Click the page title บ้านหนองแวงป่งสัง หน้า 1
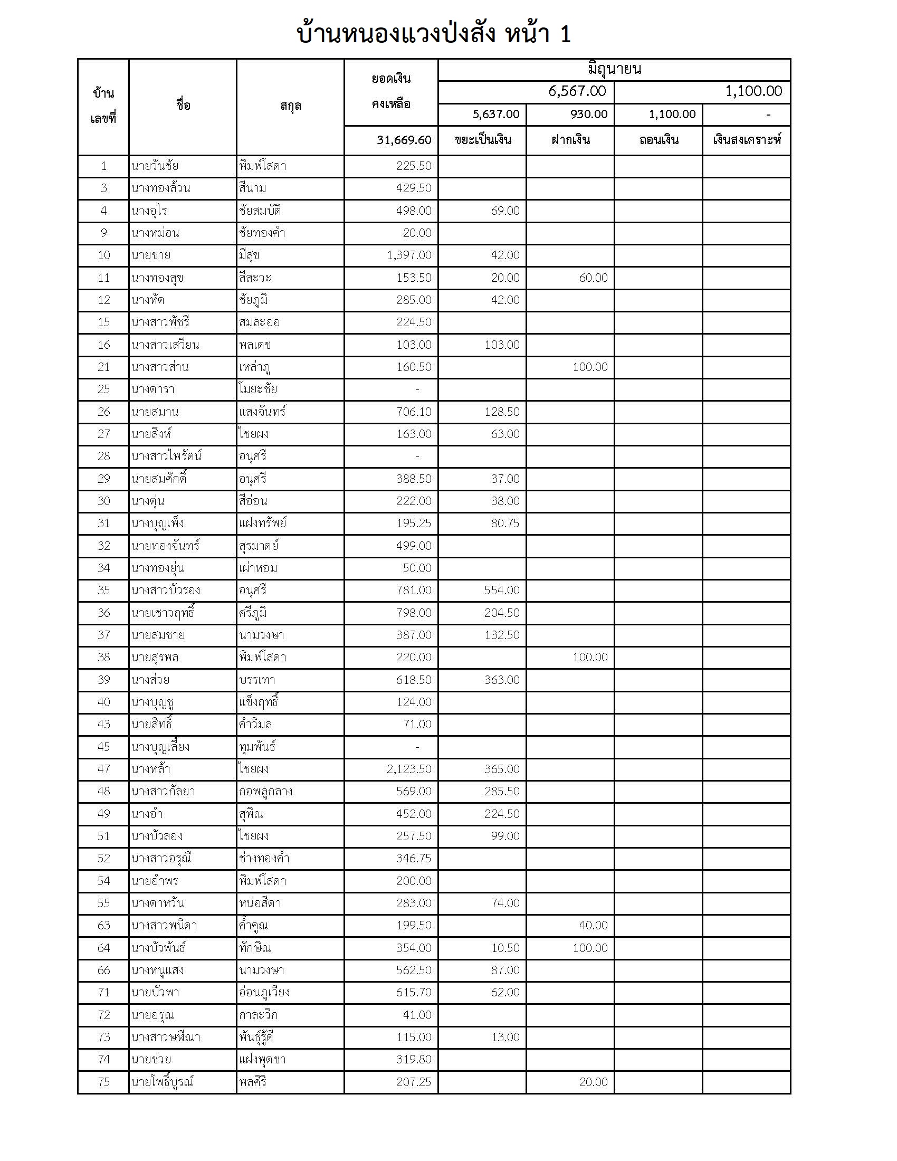point(434,34)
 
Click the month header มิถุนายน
point(614,69)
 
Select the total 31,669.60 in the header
point(404,140)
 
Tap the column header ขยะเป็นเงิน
point(482,140)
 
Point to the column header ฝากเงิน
point(571,140)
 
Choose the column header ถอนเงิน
point(659,140)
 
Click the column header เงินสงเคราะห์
point(747,140)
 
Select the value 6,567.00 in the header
point(577,91)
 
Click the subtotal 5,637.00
point(496,115)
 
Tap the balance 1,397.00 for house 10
point(409,255)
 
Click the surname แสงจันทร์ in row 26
point(263,412)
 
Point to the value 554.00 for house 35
point(502,590)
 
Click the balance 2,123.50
point(409,769)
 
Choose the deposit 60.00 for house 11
point(593,278)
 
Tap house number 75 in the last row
point(103,1082)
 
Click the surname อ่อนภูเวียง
point(264,993)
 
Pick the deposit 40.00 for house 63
point(593,926)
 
